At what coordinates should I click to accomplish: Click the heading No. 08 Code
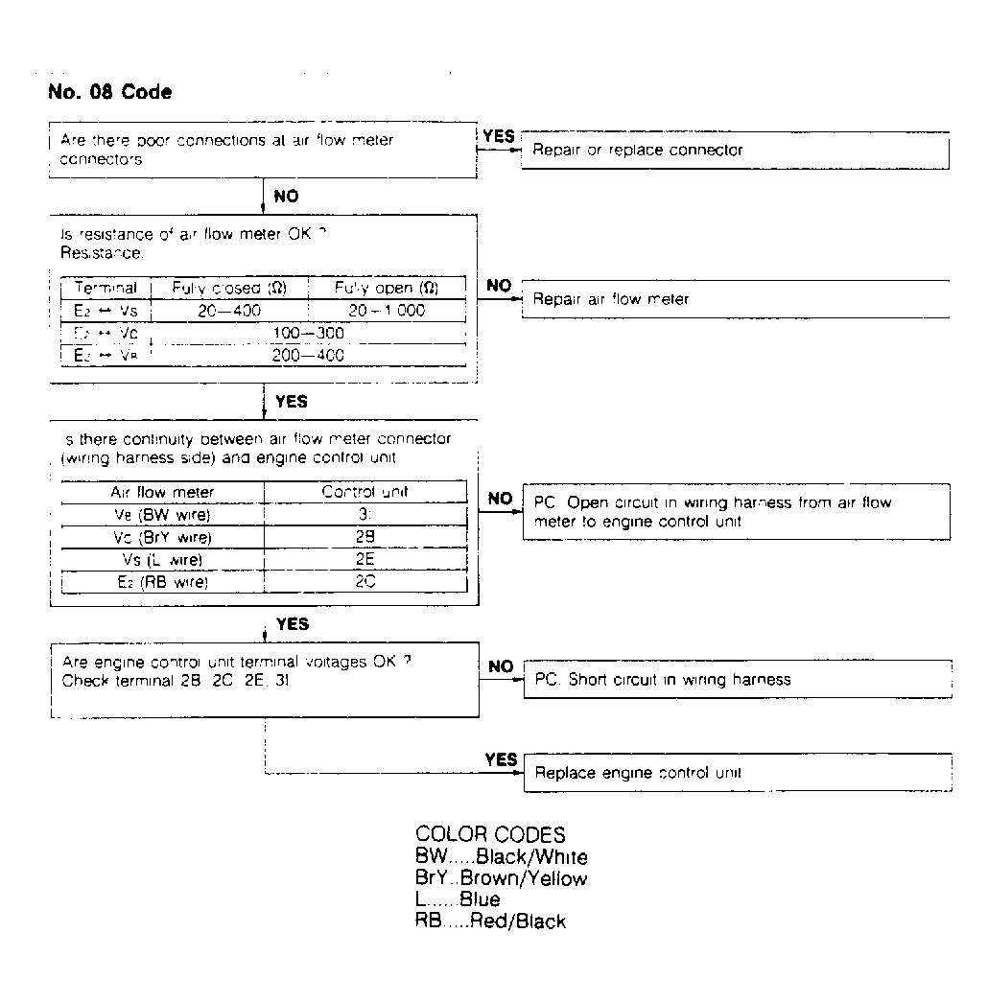point(109,93)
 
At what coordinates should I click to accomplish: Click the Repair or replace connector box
point(734,151)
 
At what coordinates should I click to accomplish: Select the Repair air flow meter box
point(734,299)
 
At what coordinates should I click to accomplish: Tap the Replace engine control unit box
point(737,773)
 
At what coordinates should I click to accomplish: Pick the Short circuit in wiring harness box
point(737,680)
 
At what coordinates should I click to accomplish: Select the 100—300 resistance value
point(315,334)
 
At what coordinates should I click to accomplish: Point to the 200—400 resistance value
point(315,355)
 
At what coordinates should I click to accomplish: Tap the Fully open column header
point(386,288)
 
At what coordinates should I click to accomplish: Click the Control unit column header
point(365,492)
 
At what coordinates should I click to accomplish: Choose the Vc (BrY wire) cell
point(161,537)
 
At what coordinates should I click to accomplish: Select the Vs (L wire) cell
point(161,559)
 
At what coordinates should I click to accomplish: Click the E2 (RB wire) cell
point(161,581)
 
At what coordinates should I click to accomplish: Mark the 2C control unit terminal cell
point(365,581)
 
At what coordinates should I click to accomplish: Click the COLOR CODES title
point(490,834)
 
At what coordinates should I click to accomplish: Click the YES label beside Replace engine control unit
point(501,759)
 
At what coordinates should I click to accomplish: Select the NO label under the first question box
point(286,197)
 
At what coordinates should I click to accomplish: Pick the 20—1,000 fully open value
point(386,312)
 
